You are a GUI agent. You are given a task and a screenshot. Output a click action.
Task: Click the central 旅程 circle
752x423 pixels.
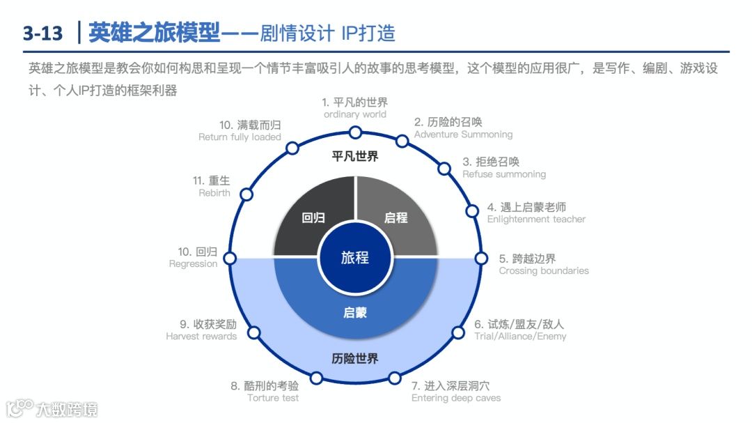point(355,257)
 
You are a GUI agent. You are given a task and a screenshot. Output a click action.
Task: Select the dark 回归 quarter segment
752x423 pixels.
point(309,217)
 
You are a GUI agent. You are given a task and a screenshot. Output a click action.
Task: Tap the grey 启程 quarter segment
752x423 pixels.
point(396,217)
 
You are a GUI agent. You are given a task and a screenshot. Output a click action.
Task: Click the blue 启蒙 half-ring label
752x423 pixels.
point(355,313)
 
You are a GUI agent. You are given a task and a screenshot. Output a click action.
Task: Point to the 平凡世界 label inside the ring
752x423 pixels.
point(355,156)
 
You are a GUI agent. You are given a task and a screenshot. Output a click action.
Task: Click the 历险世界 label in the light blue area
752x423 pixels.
point(355,359)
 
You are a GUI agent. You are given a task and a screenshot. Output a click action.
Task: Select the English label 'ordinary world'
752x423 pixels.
point(355,114)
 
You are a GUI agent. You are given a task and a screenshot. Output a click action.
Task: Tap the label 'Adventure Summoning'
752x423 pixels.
point(463,134)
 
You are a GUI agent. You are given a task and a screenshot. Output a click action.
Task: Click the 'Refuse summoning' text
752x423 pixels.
point(504,174)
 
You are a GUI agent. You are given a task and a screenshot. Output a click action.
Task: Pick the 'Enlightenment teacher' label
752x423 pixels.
point(536,220)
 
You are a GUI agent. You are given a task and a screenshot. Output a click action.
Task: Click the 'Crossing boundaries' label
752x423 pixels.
point(544,271)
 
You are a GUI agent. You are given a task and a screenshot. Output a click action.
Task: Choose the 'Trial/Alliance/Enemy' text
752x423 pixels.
point(520,337)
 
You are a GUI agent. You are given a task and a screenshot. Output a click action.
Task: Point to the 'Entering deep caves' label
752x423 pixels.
point(456,399)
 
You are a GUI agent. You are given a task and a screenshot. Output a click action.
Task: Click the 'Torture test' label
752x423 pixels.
point(273,399)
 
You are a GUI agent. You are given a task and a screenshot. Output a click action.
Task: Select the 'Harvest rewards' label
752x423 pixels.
point(201,337)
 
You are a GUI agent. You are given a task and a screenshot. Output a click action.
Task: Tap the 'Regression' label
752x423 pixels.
point(193,265)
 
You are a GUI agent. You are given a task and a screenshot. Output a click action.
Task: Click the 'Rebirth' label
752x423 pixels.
point(214,193)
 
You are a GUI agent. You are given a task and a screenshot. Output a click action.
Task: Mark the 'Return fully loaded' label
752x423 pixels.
point(240,137)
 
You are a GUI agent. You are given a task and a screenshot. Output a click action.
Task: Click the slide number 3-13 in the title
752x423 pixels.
point(42,33)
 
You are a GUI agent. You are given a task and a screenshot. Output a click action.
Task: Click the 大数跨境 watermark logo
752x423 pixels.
point(52,408)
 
